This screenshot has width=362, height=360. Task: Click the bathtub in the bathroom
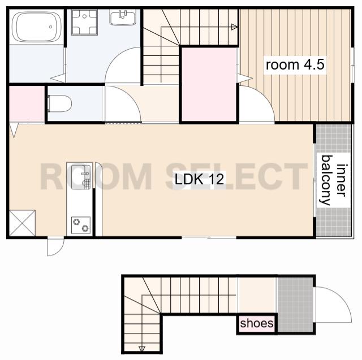[x=36, y=27]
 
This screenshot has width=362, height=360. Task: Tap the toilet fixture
[x=59, y=103]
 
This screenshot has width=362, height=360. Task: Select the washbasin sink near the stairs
[x=122, y=18]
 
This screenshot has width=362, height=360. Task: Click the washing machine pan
[x=84, y=22]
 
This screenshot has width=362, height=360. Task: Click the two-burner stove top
[x=81, y=225]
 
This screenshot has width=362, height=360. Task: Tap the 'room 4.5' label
[x=295, y=65]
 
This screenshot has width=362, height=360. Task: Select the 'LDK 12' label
[x=199, y=179]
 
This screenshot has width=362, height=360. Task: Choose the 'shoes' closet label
[x=257, y=323]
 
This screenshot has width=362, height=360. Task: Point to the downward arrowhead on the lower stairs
[x=142, y=349]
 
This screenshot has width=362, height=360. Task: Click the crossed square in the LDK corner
[x=22, y=223]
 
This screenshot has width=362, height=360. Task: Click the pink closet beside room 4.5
[x=209, y=84]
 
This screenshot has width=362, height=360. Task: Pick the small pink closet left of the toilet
[x=27, y=103]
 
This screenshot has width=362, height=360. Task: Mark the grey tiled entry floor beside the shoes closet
[x=295, y=305]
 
